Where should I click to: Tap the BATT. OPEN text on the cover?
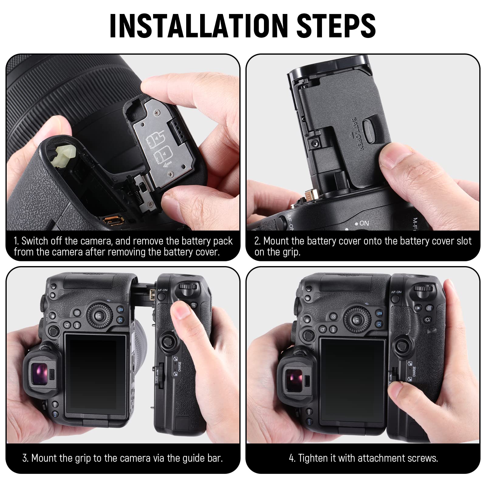pos(357,134)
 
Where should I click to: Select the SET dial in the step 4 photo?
pos(357,319)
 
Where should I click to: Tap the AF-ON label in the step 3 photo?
pos(163,290)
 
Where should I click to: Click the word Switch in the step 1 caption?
pos(35,241)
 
